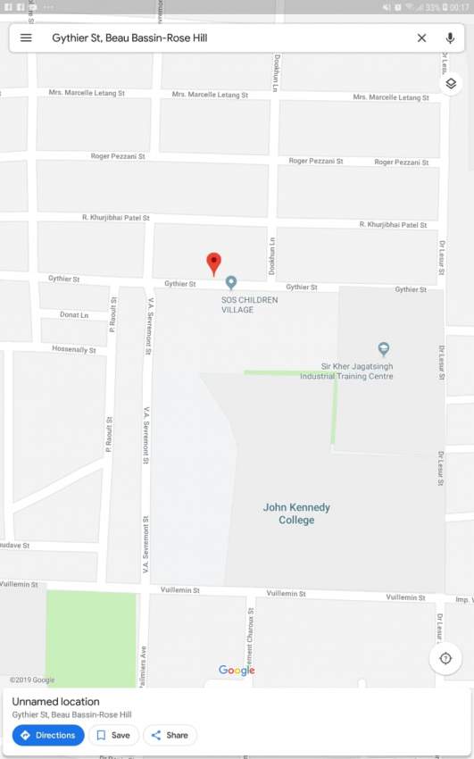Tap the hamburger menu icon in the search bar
tap(26, 38)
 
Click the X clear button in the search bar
tap(421, 38)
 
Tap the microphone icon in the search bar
tap(451, 38)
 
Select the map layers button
tap(451, 84)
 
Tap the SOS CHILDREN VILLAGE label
tap(249, 304)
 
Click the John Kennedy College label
tap(296, 513)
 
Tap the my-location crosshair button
tap(445, 659)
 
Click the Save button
tap(113, 735)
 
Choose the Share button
tap(170, 735)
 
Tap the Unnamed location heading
tap(55, 702)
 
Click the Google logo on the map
tap(237, 671)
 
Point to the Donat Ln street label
tap(74, 315)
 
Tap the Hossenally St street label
tap(73, 349)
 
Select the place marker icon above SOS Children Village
tap(231, 283)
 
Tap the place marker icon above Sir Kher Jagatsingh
tap(384, 349)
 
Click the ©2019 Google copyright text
tap(32, 680)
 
